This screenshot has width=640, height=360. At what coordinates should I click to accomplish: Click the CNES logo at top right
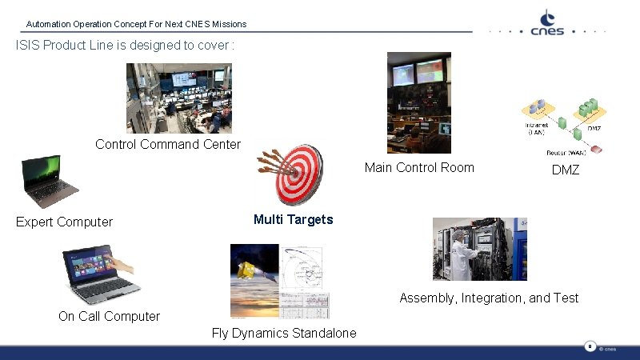548,23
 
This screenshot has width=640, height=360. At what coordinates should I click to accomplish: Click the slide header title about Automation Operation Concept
136,25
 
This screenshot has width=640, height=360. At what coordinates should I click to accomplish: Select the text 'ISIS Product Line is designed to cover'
125,46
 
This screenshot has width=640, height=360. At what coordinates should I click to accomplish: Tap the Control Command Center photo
178,98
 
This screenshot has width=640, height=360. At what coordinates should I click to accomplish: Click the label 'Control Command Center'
168,145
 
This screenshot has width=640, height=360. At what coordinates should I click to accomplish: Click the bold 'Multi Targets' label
293,220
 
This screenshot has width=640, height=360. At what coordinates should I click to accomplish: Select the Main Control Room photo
418,102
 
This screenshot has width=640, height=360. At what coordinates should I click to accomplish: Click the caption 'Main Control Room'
418,168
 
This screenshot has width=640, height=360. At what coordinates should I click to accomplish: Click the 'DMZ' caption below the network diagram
566,171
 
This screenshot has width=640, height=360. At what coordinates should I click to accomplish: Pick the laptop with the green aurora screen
48,182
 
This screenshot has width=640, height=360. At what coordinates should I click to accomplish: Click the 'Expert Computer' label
65,222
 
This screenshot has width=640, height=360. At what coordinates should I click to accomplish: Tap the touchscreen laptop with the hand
101,274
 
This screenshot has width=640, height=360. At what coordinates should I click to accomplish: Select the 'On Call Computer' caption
109,317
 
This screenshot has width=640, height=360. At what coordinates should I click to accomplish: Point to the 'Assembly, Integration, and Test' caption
489,298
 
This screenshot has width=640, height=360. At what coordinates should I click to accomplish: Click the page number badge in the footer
590,347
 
